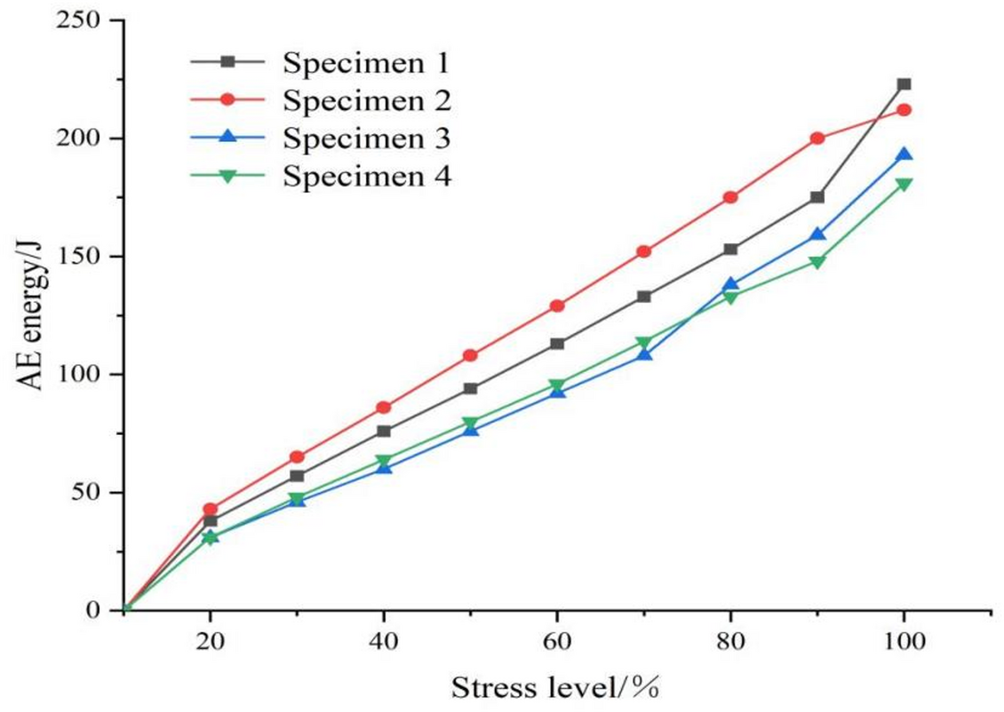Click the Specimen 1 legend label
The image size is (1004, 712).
[366, 62]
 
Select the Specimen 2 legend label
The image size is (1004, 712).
[366, 100]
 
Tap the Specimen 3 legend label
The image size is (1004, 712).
[366, 138]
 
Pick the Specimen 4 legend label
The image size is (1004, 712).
[366, 176]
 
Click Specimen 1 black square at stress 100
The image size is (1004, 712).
[904, 84]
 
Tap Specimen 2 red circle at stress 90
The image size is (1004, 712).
[817, 138]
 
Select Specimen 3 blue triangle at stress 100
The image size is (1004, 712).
[904, 154]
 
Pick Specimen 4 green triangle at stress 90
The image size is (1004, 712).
[817, 262]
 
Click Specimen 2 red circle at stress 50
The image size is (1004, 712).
[470, 355]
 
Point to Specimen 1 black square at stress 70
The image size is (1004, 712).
[643, 297]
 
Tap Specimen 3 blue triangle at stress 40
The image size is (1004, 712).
[383, 467]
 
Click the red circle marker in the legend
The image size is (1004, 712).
[227, 99]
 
